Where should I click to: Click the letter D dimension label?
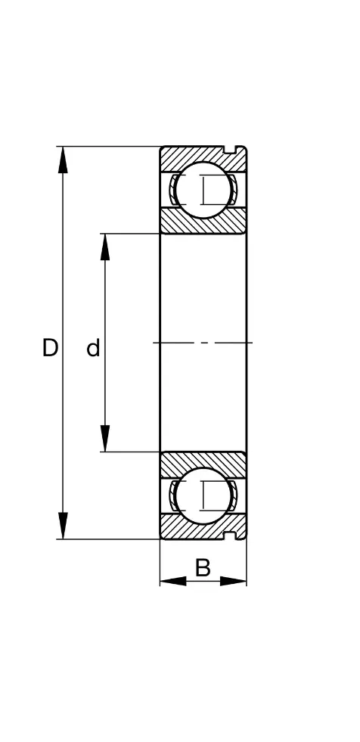50,348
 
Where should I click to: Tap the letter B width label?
203,568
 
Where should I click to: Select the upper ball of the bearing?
203,191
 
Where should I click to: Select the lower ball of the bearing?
203,495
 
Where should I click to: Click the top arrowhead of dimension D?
63,160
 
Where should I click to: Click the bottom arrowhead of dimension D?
63,526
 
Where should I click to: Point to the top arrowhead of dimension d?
105,247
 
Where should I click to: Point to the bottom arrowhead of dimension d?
105,439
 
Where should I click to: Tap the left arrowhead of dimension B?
173,581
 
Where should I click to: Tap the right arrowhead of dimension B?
233,581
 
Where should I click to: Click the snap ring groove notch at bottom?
230,536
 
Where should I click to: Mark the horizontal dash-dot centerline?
203,342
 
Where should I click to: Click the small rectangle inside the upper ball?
204,191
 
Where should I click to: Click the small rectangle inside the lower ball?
204,495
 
